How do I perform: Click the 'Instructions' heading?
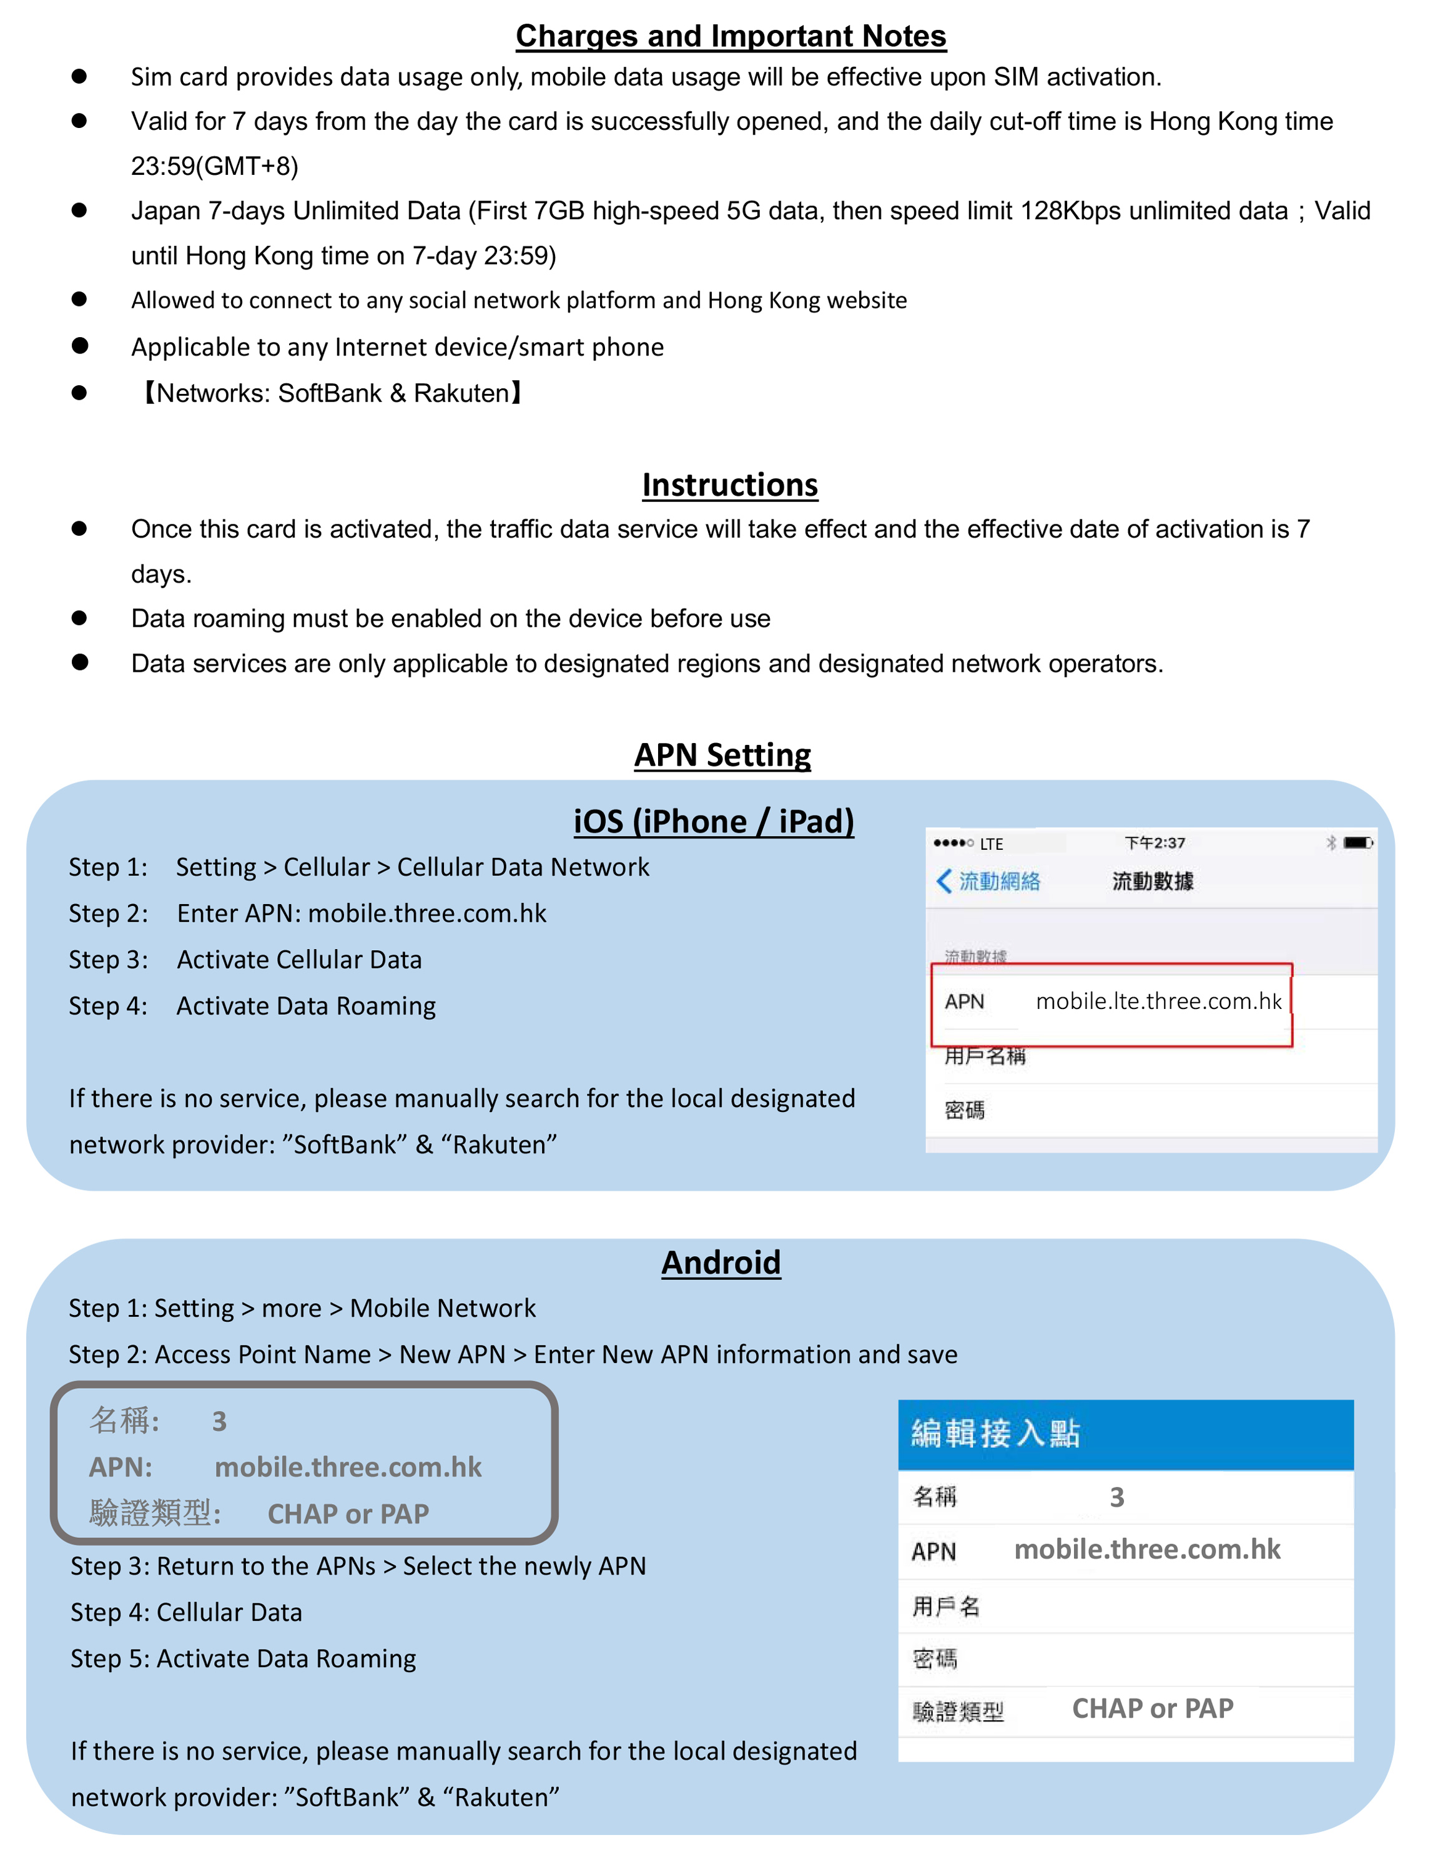(729, 485)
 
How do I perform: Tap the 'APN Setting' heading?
(722, 755)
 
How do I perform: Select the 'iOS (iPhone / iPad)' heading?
(713, 821)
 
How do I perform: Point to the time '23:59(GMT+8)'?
(214, 166)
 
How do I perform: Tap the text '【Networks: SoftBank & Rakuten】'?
(331, 393)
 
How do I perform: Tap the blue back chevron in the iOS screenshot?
(943, 881)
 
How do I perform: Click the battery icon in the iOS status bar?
(1357, 843)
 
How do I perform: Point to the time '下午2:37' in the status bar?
(1155, 843)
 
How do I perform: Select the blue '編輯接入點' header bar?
(1125, 1434)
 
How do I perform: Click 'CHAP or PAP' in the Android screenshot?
(1152, 1708)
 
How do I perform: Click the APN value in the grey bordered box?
(347, 1467)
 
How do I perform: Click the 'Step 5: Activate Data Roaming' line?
(243, 1658)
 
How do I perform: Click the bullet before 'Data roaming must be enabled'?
(80, 617)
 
